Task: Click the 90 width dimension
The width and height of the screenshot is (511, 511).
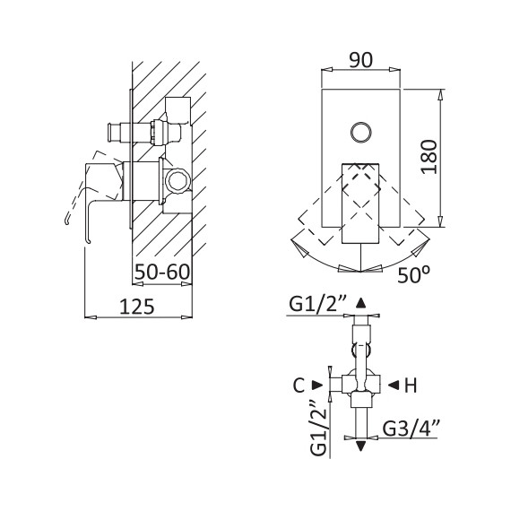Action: pos(360,60)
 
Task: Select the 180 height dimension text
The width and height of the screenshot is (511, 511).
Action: pos(429,157)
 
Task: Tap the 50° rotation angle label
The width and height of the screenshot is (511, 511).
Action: pos(413,275)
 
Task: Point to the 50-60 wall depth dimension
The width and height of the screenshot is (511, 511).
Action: pos(162,272)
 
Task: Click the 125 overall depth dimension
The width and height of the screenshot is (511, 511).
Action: pos(137,307)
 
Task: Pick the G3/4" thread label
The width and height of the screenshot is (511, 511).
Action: pos(411,429)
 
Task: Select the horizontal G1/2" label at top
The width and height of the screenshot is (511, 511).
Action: pos(318,305)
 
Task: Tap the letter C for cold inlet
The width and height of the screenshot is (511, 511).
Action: pos(299,385)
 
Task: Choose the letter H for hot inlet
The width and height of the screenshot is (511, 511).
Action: pos(411,385)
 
